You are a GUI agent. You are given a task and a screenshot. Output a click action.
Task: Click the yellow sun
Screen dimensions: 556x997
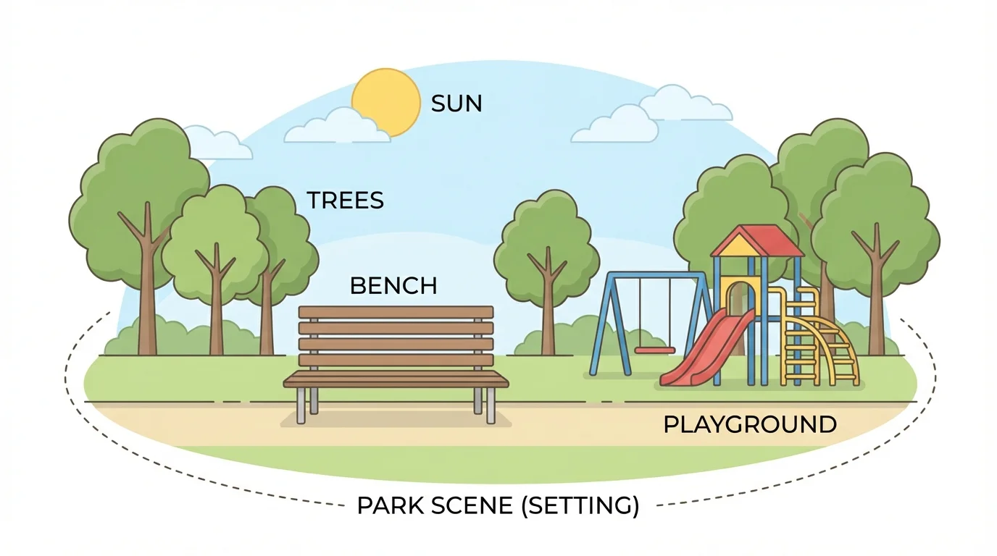pos(386,98)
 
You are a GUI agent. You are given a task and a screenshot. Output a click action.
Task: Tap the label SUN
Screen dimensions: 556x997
pos(456,104)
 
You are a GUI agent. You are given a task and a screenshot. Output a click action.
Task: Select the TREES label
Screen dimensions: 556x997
pos(345,201)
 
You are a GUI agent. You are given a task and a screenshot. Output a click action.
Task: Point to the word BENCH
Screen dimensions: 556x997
pos(393,286)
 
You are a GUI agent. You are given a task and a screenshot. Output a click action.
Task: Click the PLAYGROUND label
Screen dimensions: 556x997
pos(750,424)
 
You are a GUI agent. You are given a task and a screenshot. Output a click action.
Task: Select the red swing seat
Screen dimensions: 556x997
pos(654,350)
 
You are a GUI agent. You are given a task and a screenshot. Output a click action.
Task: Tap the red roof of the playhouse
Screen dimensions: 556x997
pos(768,240)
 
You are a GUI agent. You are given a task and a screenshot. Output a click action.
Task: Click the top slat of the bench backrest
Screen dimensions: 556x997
pos(396,312)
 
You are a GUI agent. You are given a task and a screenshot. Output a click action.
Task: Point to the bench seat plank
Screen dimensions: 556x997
pos(396,378)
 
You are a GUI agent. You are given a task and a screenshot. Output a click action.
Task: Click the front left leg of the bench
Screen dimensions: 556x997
pos(301,406)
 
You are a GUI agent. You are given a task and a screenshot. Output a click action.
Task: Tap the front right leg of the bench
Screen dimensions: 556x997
pos(491,406)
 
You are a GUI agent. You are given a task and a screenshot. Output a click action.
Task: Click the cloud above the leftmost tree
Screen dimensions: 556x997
pos(217,145)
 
